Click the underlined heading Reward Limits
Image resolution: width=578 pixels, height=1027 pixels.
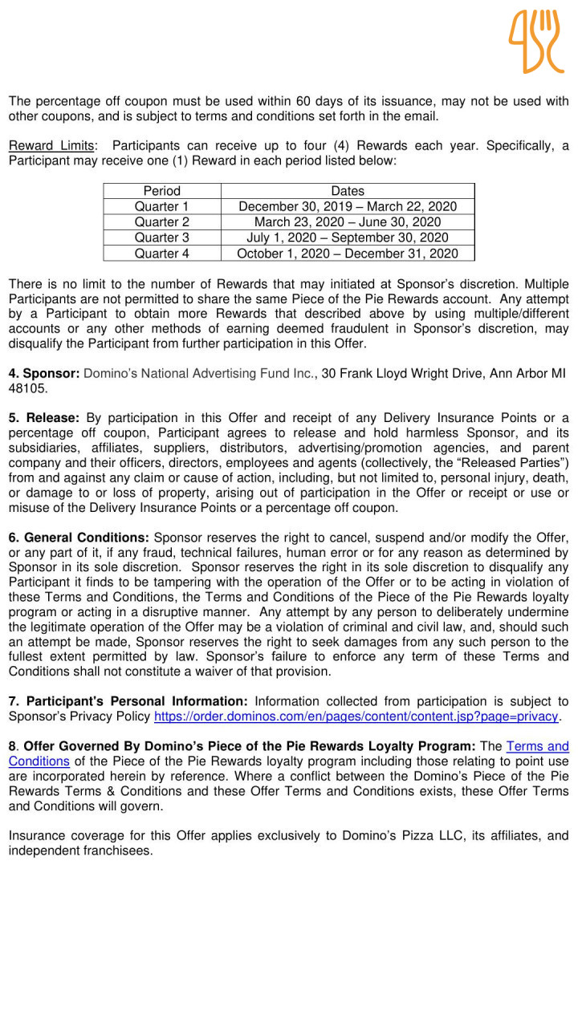click(51, 146)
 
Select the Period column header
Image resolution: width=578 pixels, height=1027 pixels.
click(161, 191)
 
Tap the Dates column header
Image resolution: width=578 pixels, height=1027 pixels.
click(348, 191)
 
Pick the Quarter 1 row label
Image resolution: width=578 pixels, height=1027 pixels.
click(161, 206)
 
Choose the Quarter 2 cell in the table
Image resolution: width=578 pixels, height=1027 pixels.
click(161, 221)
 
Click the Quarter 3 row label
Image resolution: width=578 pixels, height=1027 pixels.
click(161, 237)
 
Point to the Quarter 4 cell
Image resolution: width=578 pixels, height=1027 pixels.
click(161, 254)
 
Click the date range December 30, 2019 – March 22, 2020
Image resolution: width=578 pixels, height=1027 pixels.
click(348, 206)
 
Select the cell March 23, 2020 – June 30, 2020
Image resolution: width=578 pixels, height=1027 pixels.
click(348, 221)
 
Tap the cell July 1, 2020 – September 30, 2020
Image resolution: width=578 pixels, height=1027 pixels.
click(348, 237)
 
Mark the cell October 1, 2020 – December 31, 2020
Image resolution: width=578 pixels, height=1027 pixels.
click(348, 254)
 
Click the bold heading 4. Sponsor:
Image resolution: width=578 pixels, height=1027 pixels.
click(43, 373)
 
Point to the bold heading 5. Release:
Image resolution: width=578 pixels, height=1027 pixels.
click(43, 418)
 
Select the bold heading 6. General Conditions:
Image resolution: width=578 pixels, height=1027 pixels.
click(79, 538)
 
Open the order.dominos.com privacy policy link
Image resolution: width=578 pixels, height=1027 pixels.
click(356, 716)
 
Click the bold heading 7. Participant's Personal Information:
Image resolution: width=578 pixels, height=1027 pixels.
click(128, 702)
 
